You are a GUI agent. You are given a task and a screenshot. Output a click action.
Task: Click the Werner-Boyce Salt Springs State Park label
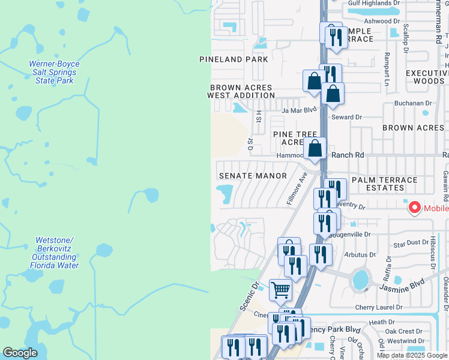pos(54,72)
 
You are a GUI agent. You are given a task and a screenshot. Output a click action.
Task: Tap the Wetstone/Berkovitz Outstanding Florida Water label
pos(53,253)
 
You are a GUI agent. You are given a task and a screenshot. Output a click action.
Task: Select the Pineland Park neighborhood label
pos(234,59)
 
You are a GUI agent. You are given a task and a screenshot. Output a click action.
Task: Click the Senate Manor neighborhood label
pos(249,176)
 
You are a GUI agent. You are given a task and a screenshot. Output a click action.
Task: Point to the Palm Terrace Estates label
pos(385,184)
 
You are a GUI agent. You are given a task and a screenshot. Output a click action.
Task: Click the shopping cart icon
pos(280,290)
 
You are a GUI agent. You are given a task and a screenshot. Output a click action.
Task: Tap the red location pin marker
pos(414,208)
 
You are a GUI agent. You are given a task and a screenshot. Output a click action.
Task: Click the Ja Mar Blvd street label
pos(299,110)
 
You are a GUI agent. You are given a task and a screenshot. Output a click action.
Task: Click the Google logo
pos(20,353)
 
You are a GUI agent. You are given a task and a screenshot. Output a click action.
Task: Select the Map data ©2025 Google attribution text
pos(412,355)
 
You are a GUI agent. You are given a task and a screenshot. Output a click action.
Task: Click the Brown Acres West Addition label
pos(241,91)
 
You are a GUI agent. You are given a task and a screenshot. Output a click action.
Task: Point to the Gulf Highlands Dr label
pos(374,3)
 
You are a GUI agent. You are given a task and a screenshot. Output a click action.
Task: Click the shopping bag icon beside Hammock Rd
pos(315,149)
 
